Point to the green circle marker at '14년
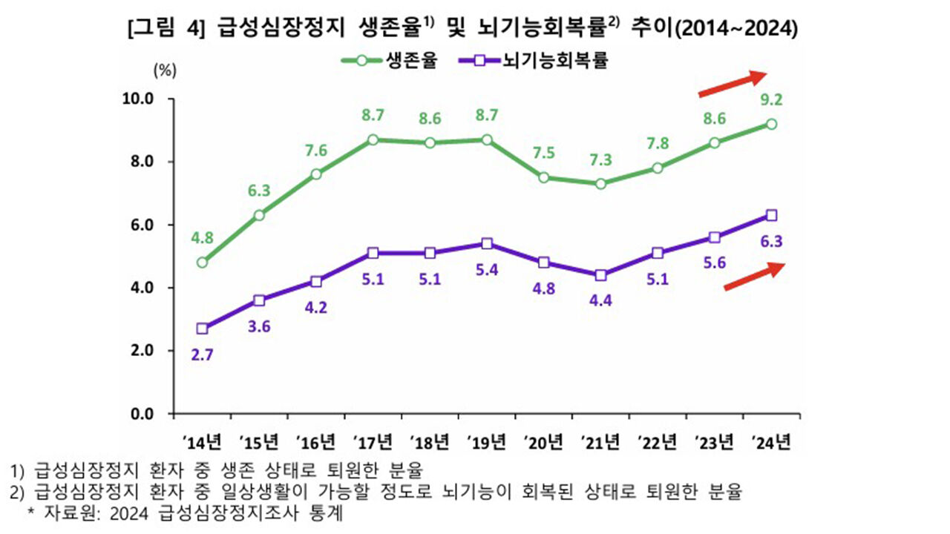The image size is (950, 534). click(202, 262)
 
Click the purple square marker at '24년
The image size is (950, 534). click(772, 215)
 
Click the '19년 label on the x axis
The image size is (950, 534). click(487, 444)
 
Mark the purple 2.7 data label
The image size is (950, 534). click(202, 355)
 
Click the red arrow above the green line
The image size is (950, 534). click(732, 83)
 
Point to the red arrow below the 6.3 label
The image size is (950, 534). click(754, 277)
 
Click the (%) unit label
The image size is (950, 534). click(164, 71)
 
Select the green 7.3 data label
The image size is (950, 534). click(600, 159)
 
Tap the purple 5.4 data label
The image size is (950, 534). click(487, 269)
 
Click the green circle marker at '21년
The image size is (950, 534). click(600, 183)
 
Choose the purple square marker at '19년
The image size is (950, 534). click(487, 243)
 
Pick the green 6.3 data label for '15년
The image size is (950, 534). click(259, 190)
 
